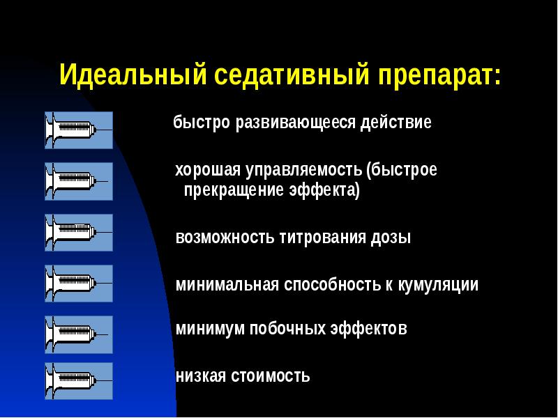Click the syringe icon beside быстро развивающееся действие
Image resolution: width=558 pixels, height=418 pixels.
[x=78, y=130]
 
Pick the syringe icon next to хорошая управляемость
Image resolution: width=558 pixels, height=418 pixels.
[x=78, y=181]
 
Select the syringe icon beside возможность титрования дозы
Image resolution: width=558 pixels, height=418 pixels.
[x=78, y=233]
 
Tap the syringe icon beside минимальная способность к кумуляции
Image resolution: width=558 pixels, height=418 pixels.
[x=78, y=284]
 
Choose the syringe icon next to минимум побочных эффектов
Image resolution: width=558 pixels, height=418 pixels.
[x=78, y=334]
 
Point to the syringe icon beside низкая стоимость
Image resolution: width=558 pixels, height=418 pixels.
[x=78, y=381]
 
